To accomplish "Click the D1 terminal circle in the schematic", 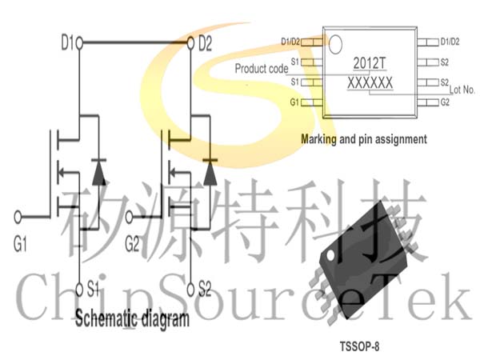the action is click(x=79, y=43).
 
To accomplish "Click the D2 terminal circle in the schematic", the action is click(x=190, y=43).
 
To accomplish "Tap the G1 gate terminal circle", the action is click(x=18, y=217).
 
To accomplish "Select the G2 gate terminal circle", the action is click(x=129, y=217).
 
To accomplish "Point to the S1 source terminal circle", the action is click(x=79, y=290).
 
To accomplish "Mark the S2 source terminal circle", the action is click(x=190, y=290).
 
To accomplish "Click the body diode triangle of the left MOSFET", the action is click(x=99, y=173).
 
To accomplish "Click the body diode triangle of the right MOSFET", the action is click(x=210, y=173).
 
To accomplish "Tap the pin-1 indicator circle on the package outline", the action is click(x=335, y=44).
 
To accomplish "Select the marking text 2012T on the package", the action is click(x=370, y=64).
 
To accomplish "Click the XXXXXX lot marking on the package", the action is click(x=370, y=83).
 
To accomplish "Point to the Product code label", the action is click(x=262, y=68).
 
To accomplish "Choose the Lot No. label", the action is click(x=462, y=90).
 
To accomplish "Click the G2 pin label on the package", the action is click(x=445, y=102).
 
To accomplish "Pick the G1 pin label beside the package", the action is click(x=294, y=102).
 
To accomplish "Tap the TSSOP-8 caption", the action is click(x=359, y=346).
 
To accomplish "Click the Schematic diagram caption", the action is click(x=132, y=319).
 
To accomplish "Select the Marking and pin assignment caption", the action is click(x=364, y=139).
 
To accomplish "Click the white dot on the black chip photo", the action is click(x=330, y=255).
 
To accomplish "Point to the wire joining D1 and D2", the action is click(x=134, y=42).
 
